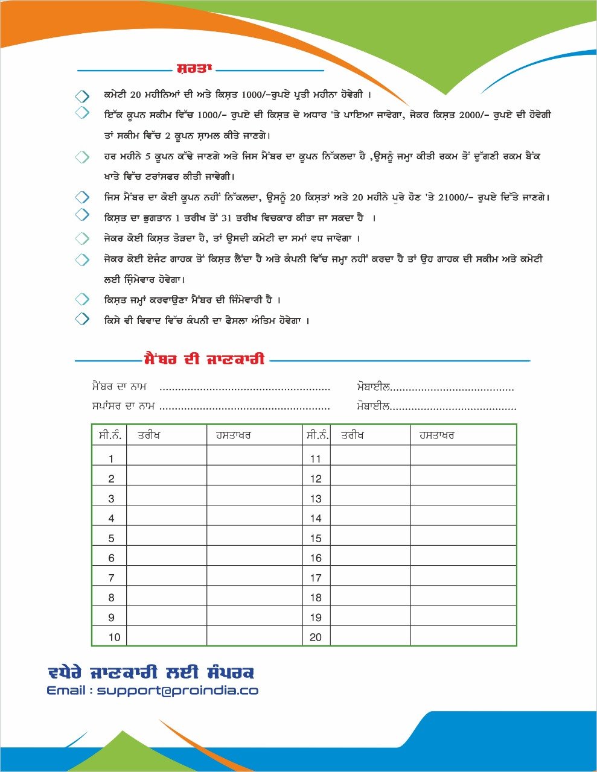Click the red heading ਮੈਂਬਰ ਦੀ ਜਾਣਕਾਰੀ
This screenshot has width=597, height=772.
pyautogui.click(x=205, y=359)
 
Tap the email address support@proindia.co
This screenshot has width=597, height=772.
pyautogui.click(x=177, y=691)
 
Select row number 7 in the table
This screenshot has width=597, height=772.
pyautogui.click(x=111, y=578)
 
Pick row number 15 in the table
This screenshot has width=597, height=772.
pyautogui.click(x=316, y=538)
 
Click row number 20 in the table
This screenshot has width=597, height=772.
pyautogui.click(x=316, y=637)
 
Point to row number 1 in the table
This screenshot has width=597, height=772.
pyautogui.click(x=111, y=459)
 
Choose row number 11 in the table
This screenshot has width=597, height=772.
pyautogui.click(x=316, y=459)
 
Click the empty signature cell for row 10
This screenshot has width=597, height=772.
pyautogui.click(x=254, y=637)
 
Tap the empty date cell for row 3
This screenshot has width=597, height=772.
pyautogui.click(x=167, y=499)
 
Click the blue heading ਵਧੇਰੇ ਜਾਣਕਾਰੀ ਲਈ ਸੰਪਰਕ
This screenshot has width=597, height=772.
pyautogui.click(x=151, y=672)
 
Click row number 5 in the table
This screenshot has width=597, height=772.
pyautogui.click(x=111, y=538)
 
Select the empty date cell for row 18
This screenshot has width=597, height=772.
pyautogui.click(x=371, y=598)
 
